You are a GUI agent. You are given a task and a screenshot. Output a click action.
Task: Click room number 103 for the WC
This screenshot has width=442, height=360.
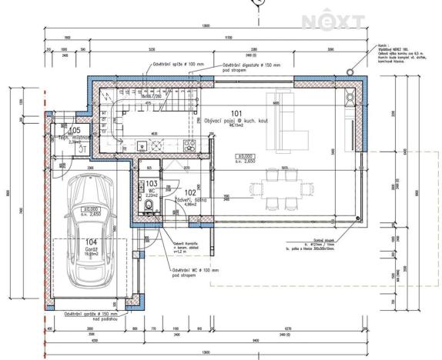152,184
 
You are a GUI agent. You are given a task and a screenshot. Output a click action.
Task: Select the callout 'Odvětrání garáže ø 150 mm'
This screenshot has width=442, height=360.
90,315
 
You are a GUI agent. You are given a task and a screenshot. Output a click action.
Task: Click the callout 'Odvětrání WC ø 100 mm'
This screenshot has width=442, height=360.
193,272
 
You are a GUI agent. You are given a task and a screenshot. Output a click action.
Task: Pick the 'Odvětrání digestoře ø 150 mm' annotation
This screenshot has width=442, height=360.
249,67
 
